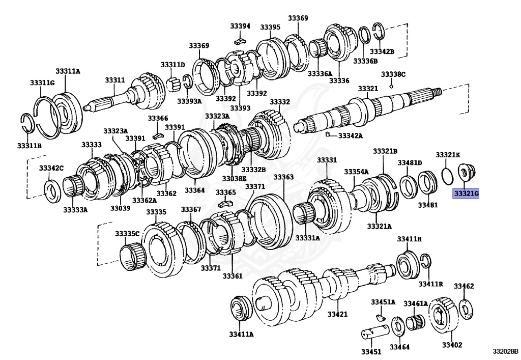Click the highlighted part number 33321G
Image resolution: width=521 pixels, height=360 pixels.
pyautogui.click(x=466, y=194)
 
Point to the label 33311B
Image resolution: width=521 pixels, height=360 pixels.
pyautogui.click(x=29, y=146)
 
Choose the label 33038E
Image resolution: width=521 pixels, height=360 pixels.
pyautogui.click(x=234, y=179)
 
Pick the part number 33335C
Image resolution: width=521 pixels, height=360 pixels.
pyautogui.click(x=127, y=234)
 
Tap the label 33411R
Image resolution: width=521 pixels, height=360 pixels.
pyautogui.click(x=430, y=283)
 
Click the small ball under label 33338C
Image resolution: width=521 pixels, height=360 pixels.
pyautogui.click(x=391, y=86)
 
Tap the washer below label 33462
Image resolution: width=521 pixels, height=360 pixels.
pyautogui.click(x=465, y=308)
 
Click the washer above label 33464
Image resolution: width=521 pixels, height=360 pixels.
pyautogui.click(x=399, y=325)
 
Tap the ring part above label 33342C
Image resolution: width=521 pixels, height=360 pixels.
pyautogui.click(x=51, y=188)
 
